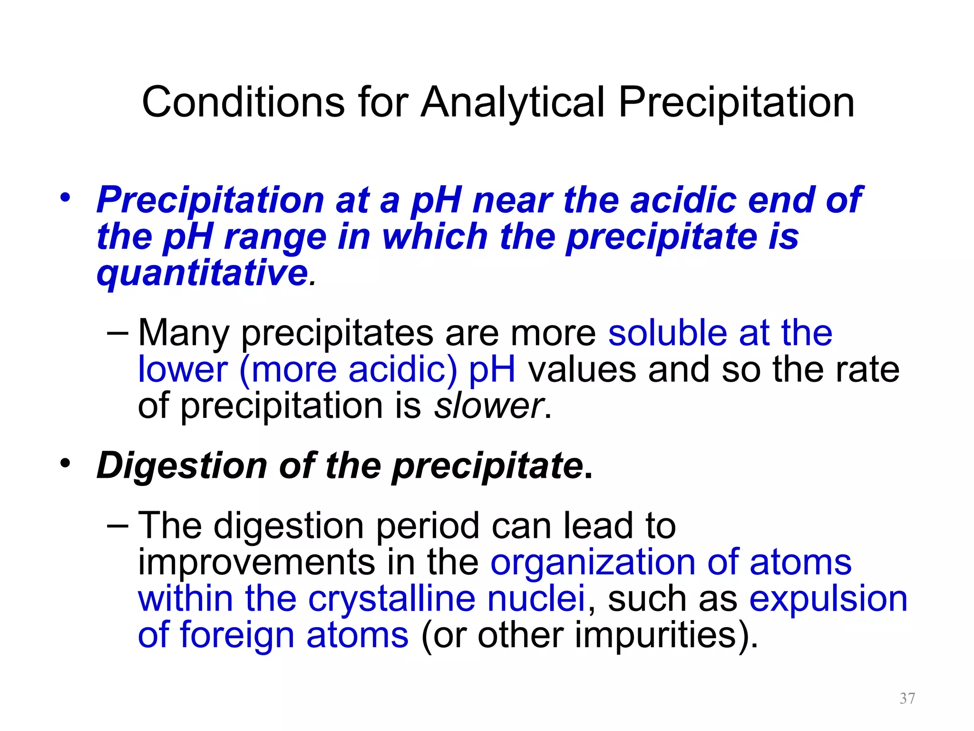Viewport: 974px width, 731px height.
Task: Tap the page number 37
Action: (907, 698)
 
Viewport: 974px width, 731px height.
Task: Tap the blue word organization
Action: (593, 562)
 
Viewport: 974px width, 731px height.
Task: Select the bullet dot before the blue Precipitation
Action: (65, 197)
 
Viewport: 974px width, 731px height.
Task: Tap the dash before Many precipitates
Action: (117, 332)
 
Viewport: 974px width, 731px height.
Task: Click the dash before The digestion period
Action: (117, 525)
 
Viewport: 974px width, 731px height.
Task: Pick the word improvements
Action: (256, 562)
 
